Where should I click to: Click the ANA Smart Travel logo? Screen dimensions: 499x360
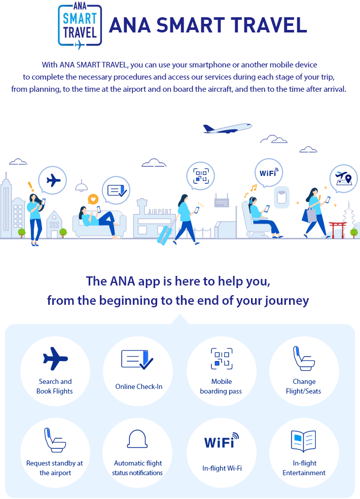pyautogui.click(x=80, y=26)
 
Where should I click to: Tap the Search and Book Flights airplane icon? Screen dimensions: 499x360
pyautogui.click(x=55, y=359)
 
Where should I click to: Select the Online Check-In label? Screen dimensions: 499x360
pyautogui.click(x=139, y=386)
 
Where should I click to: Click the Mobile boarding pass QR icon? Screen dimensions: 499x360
pyautogui.click(x=222, y=359)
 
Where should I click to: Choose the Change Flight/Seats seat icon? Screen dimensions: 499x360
pyautogui.click(x=304, y=359)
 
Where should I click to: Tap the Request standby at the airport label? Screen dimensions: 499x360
pyautogui.click(x=55, y=468)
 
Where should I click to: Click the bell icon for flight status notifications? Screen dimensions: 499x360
pyautogui.click(x=137, y=439)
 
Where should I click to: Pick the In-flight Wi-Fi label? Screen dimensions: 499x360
pyautogui.click(x=221, y=468)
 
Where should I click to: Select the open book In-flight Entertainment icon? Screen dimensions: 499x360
pyautogui.click(x=304, y=441)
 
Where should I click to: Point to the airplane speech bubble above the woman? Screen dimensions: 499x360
pyautogui.click(x=52, y=180)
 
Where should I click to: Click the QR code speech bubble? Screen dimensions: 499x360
pyautogui.click(x=200, y=176)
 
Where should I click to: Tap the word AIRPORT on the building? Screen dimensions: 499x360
pyautogui.click(x=160, y=211)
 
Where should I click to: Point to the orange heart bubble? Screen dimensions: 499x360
pyautogui.click(x=93, y=199)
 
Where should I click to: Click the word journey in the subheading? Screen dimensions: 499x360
pyautogui.click(x=286, y=300)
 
